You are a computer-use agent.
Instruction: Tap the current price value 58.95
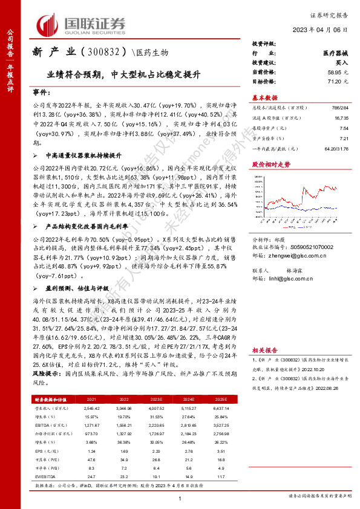(336, 71)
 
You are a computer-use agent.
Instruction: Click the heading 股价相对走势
(271, 164)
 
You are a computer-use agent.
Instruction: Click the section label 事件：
(42, 94)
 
